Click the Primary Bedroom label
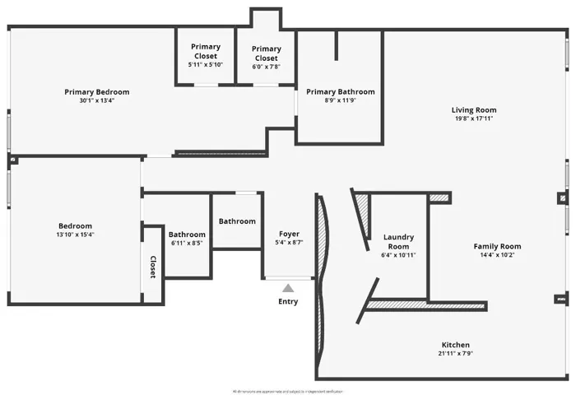96,92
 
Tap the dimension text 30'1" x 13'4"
96,101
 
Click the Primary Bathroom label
340,92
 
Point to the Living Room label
473,109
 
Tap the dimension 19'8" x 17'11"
473,118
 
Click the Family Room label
497,246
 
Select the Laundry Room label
399,241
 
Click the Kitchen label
455,345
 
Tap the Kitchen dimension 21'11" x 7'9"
455,354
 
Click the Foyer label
288,234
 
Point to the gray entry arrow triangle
288,288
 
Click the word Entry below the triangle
288,301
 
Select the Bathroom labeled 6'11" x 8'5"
187,239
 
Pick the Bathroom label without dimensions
237,221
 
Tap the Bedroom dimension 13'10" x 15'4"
75,235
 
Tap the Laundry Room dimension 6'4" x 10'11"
399,255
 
